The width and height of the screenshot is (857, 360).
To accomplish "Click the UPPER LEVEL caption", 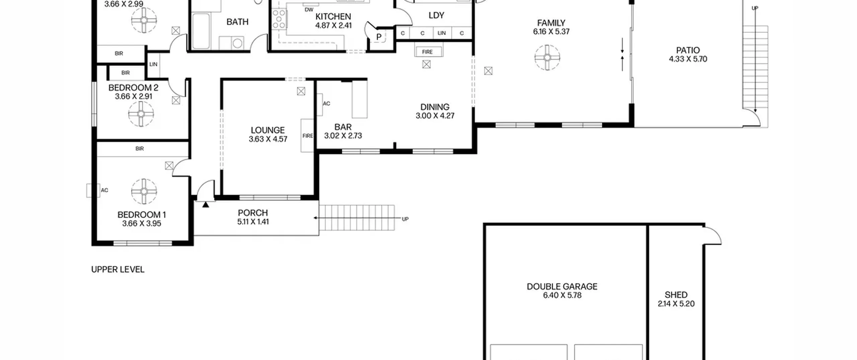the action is tap(118, 270).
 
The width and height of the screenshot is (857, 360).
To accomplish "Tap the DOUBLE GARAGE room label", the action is tap(562, 287).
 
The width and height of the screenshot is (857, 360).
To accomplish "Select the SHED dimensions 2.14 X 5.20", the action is tap(676, 304).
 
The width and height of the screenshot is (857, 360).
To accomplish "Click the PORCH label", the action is tap(253, 213).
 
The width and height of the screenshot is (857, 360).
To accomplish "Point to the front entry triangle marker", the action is tap(206, 204).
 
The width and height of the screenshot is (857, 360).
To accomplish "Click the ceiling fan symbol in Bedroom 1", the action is tap(144, 191).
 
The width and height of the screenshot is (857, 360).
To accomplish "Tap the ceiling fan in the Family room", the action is tap(547, 58).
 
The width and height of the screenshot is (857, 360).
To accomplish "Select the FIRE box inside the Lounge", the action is tap(307, 136).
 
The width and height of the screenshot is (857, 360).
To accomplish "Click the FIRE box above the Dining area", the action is tap(427, 52).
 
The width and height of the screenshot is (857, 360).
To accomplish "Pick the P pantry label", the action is tap(379, 37).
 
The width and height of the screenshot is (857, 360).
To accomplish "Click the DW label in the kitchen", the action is tap(309, 10).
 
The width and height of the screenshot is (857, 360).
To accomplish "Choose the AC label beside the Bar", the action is tap(326, 103).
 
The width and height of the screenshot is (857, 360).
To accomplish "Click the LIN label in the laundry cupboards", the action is tap(442, 33).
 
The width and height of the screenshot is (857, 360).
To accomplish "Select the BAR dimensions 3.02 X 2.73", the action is tap(343, 136).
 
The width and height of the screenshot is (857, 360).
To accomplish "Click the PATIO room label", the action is tap(688, 51).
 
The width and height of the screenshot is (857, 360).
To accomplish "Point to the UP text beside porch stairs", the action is tap(405, 219).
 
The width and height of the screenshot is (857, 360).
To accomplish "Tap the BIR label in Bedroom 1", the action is tap(140, 149).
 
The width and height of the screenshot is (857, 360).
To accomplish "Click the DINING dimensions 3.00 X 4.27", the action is tap(435, 116).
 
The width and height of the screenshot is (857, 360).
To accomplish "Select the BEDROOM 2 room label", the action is tap(133, 88).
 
